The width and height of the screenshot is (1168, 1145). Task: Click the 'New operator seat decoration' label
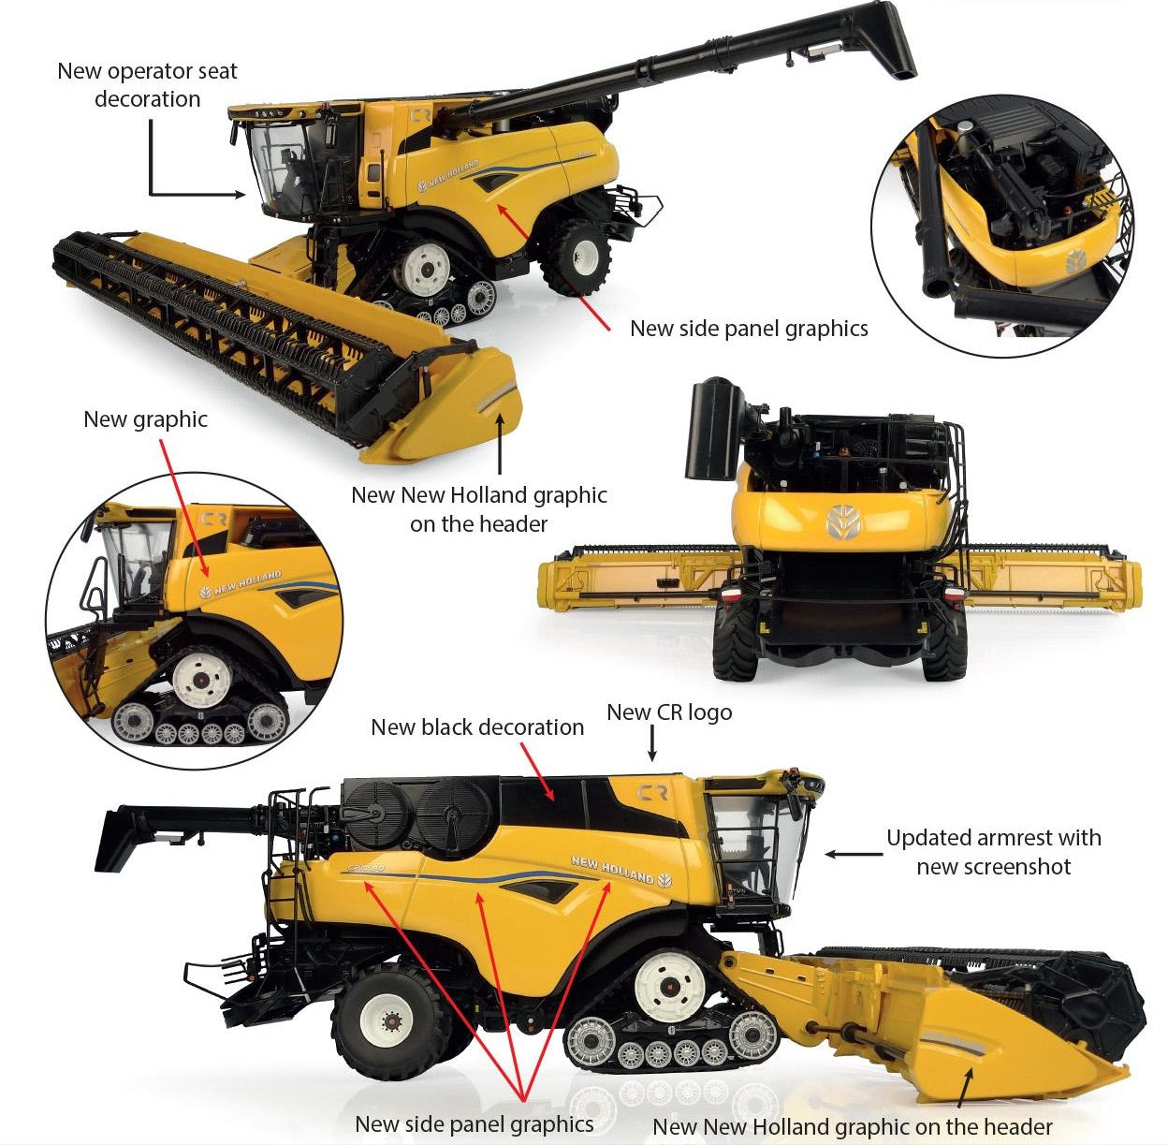[x=147, y=85]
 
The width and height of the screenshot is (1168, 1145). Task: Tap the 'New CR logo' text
[x=669, y=712]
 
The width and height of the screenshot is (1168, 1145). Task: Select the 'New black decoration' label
[x=477, y=727]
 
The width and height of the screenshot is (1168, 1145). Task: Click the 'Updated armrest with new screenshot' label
[x=993, y=852]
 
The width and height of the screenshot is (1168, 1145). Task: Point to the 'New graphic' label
[x=145, y=419]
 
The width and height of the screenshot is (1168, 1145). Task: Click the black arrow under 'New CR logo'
[x=652, y=743]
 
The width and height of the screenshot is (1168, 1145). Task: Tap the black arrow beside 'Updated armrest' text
[x=852, y=854]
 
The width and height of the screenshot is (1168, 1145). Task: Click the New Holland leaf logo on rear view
[x=843, y=521]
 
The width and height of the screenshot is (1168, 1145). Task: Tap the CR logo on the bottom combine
[x=652, y=793]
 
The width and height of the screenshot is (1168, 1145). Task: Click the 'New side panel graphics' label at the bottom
[x=474, y=1124]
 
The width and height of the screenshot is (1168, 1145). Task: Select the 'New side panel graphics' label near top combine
[x=749, y=329]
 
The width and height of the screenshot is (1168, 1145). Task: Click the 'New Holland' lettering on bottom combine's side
[x=613, y=870]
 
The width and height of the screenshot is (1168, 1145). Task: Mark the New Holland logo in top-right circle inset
[x=1076, y=261]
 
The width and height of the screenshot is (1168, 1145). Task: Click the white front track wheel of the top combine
[x=427, y=269]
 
